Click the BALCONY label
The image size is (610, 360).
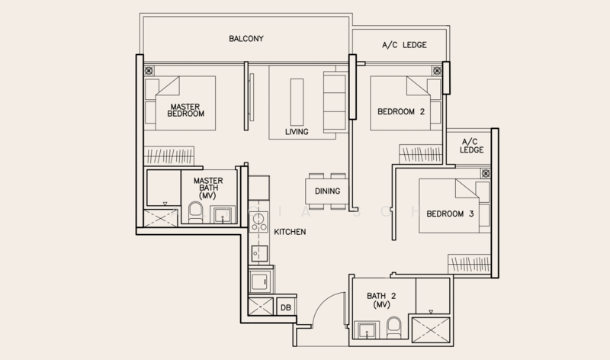[x=246, y=39]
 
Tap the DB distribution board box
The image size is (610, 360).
[x=285, y=307]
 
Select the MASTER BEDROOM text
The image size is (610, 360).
[x=185, y=110]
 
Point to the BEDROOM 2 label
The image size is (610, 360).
[x=401, y=111]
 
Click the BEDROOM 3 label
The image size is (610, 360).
[x=450, y=214]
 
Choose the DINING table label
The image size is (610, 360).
[x=327, y=191]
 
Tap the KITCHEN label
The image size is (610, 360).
[x=290, y=232]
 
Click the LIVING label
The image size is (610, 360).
[x=297, y=131]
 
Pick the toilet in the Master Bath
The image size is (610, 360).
[x=195, y=213]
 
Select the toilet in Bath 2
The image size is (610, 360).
[x=394, y=328]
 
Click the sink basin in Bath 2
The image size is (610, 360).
[x=367, y=330]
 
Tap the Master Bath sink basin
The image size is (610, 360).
[x=223, y=215]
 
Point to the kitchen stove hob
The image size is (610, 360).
[x=258, y=222]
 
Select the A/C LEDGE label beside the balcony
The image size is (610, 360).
[x=404, y=45]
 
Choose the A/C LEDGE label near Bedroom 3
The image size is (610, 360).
[x=471, y=146]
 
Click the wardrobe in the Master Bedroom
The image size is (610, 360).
[x=169, y=156]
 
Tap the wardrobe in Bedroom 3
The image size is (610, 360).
[x=469, y=264]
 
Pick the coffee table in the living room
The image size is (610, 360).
[x=297, y=102]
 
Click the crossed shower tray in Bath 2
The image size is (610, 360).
[x=431, y=330]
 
